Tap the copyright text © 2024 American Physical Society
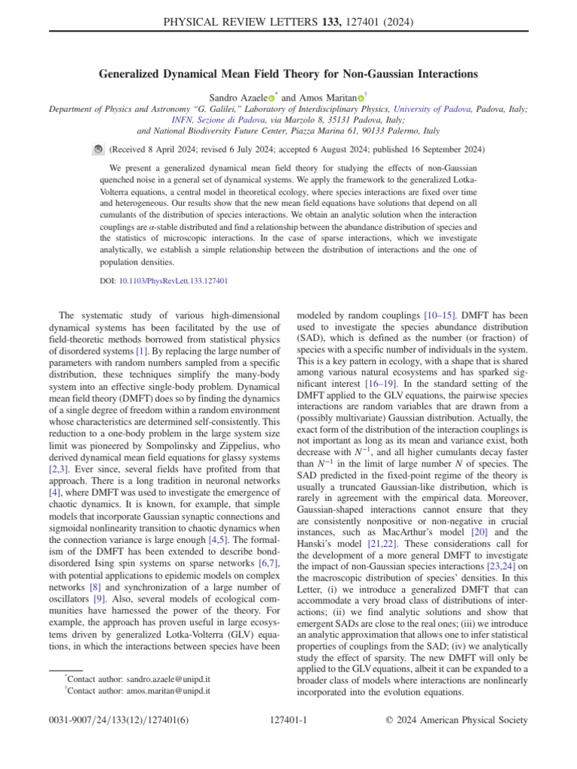pos(456,720)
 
